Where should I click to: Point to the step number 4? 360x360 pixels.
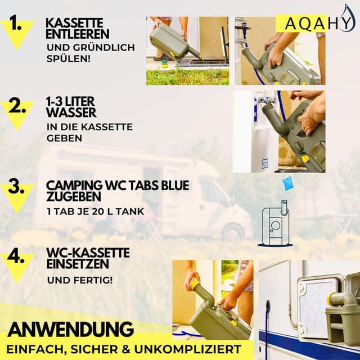[19, 259]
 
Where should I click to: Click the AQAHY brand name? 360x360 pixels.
[304, 24]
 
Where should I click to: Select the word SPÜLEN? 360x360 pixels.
[69, 58]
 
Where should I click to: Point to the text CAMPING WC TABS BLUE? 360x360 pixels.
[118, 185]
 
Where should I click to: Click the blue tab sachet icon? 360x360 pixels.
[289, 183]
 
